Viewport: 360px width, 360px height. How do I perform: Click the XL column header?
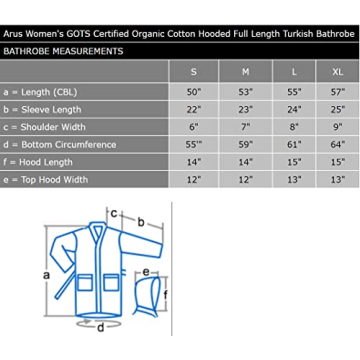337,72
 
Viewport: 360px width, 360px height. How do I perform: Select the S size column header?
194,72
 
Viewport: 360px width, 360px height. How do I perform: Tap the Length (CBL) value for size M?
245,92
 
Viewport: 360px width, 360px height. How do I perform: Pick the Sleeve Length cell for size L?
294,110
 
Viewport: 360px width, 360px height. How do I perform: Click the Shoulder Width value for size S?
194,127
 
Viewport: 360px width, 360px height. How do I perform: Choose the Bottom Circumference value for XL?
338,145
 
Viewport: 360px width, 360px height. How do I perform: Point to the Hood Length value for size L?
294,162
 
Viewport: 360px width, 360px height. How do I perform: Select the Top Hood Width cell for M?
245,180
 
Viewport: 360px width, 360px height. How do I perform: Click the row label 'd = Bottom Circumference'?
60,145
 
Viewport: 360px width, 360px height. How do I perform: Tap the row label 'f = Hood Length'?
38,162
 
